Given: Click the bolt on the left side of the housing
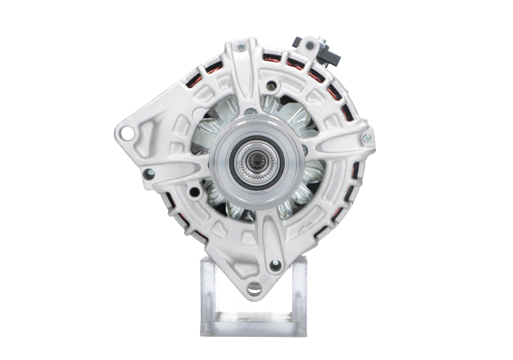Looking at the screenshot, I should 149,171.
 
